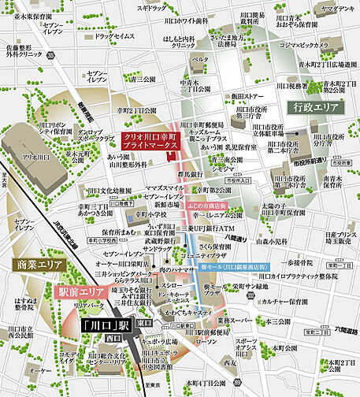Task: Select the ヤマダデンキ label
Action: [x=337, y=9]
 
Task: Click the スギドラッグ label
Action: [x=151, y=8]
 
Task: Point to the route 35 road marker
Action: [x=50, y=57]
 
